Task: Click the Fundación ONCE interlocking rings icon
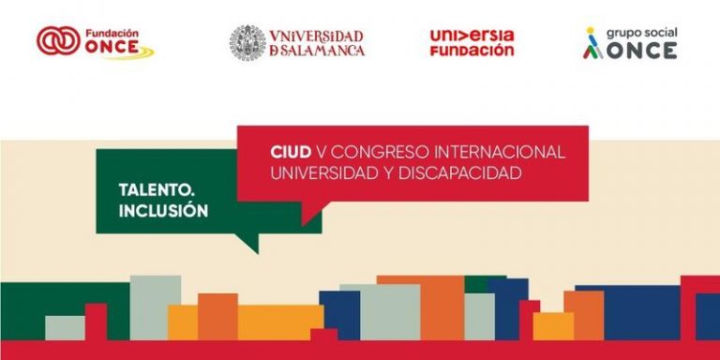pyautogui.click(x=59, y=40)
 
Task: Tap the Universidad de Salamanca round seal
pyautogui.click(x=247, y=42)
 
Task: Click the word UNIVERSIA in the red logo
pyautogui.click(x=472, y=35)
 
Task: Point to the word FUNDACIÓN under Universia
pyautogui.click(x=472, y=51)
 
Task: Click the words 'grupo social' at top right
pyautogui.click(x=641, y=32)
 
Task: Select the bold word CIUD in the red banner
pyautogui.click(x=290, y=152)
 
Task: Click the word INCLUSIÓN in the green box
pyautogui.click(x=163, y=211)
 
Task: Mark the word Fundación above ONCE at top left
pyautogui.click(x=112, y=31)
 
